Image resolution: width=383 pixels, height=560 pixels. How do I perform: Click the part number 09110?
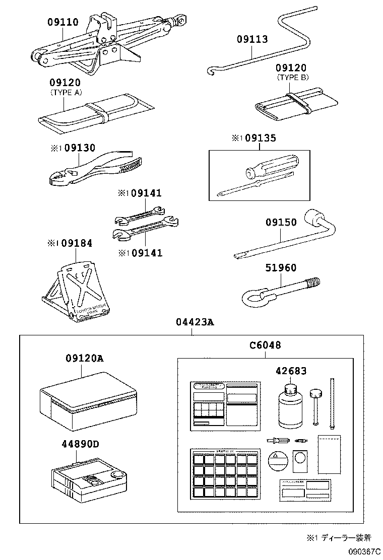[63, 22]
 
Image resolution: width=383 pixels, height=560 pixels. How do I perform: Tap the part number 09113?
[252, 40]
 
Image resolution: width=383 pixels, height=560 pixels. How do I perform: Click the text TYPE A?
[66, 93]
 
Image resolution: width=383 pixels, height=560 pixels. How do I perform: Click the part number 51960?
[281, 268]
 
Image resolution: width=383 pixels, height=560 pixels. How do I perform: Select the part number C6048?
[265, 345]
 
